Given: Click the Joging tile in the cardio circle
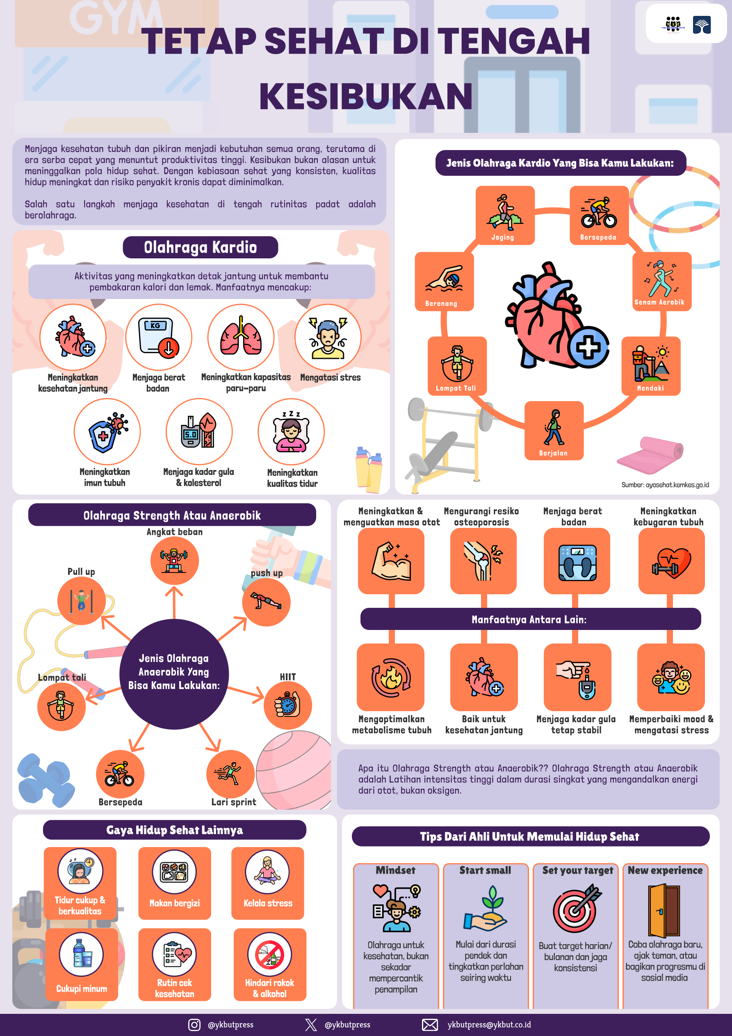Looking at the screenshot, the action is click(505, 215).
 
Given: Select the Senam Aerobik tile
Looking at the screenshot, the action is click(661, 281).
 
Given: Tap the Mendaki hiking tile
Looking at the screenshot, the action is click(651, 366).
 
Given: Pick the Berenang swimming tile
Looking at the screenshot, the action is click(444, 282).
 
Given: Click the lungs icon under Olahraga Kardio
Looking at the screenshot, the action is click(241, 337).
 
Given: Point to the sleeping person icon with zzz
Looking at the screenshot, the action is click(291, 432).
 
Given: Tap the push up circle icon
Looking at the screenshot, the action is click(266, 602).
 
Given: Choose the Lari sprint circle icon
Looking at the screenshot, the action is click(230, 774).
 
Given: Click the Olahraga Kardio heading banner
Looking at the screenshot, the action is click(201, 247).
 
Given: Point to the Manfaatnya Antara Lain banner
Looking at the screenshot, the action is click(530, 619).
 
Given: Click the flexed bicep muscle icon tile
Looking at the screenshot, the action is click(391, 561).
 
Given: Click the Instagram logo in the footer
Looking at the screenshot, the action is click(194, 1025).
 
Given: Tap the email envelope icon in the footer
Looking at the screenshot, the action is click(430, 1025).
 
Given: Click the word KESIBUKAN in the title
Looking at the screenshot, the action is click(365, 96).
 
